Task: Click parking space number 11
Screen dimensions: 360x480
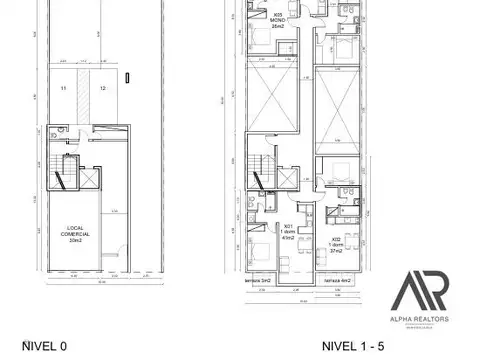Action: click(62, 90)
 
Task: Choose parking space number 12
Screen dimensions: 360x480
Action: click(103, 90)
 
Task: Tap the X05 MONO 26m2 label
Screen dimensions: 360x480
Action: click(276, 19)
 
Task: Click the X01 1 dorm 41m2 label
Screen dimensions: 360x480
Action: click(288, 231)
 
